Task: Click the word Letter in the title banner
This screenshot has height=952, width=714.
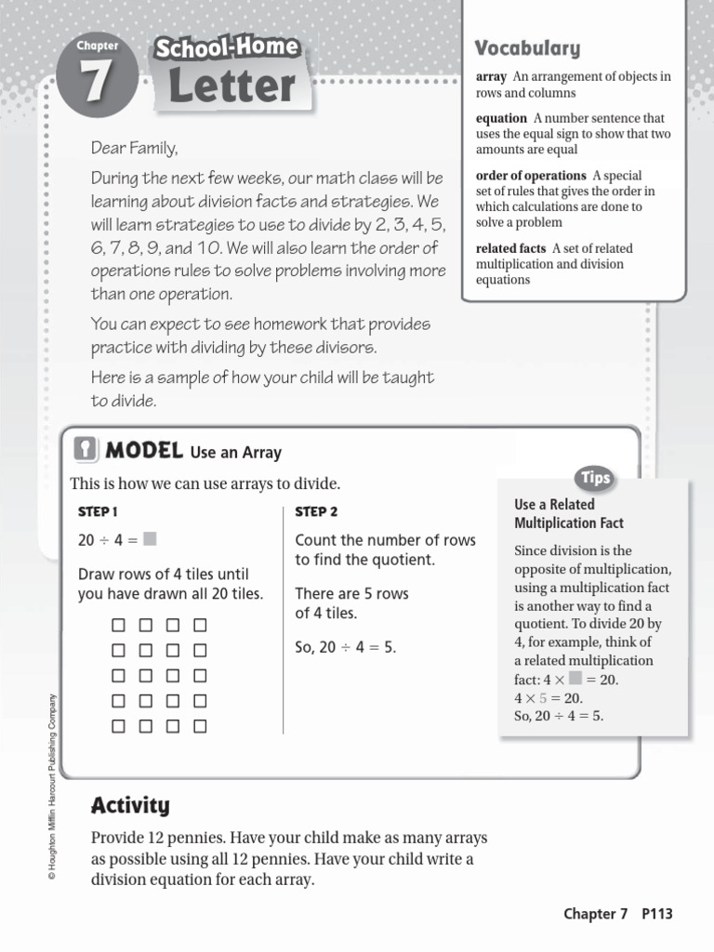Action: point(232,86)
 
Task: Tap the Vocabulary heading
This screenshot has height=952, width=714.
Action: point(527,48)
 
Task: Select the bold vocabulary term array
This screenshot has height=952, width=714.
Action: point(491,77)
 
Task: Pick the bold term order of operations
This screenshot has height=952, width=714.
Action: point(531,175)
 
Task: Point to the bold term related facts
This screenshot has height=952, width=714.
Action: point(510,248)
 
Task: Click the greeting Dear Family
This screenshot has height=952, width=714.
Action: point(134,148)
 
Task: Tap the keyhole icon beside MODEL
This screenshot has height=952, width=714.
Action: point(86,450)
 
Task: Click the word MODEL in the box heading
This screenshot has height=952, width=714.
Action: point(143,451)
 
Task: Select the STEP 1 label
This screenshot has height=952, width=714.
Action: point(98,511)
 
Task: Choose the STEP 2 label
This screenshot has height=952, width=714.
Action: point(316,511)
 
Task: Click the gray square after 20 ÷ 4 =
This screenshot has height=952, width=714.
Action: point(150,539)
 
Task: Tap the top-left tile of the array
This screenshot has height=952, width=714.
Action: point(118,625)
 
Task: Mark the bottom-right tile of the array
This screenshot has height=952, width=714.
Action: point(200,726)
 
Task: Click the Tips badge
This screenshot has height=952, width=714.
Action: point(595,478)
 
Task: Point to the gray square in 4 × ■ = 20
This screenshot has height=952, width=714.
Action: point(575,678)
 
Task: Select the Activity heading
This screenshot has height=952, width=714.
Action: point(130,805)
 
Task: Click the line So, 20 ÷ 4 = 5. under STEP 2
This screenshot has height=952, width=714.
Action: point(345,647)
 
